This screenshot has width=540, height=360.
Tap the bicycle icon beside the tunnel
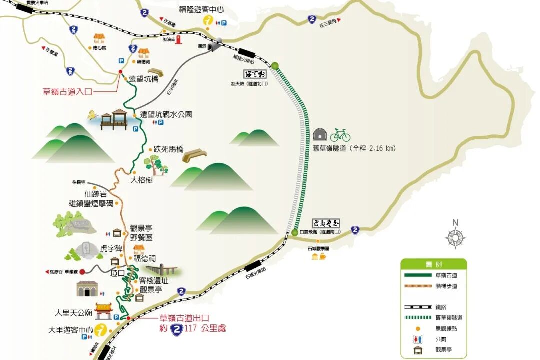tap(340, 135)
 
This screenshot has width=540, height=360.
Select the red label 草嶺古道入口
tap(68, 91)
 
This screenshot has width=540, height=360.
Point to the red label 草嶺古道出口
tap(183, 318)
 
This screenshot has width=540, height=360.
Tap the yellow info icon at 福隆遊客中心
tap(209, 21)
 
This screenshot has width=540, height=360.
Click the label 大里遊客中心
tap(71, 330)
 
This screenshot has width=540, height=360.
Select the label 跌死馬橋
tap(168, 149)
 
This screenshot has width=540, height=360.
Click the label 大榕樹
tap(141, 180)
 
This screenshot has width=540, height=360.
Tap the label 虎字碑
tap(111, 248)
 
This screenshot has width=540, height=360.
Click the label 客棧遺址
tap(153, 280)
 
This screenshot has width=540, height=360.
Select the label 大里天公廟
tap(73, 313)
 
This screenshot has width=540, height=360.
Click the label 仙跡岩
tap(96, 194)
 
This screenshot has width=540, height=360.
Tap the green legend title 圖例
tap(433, 264)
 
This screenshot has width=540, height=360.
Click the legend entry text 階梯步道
tap(446, 286)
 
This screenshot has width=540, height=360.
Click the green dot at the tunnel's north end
tap(275, 65)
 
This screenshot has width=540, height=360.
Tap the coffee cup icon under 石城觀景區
tap(323, 256)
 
